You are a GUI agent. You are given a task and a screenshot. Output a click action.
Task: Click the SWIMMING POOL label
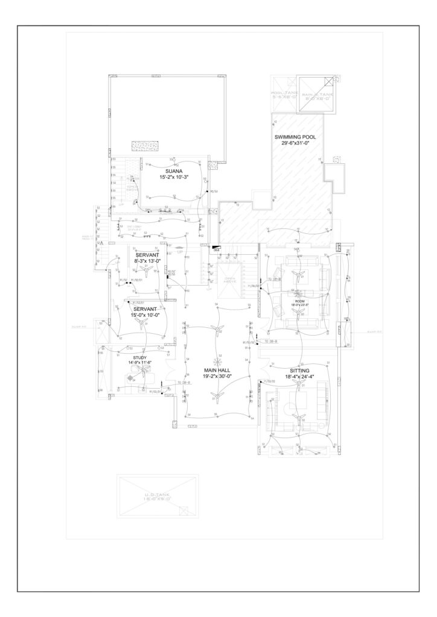[295, 137]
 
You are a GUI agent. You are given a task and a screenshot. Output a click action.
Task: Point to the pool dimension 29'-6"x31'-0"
[295, 144]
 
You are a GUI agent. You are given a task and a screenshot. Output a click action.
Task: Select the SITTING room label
[299, 370]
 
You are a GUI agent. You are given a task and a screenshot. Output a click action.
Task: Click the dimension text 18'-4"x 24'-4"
[299, 377]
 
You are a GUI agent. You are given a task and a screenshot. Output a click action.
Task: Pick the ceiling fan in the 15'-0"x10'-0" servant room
[141, 323]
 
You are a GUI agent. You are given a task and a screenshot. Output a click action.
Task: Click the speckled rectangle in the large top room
[145, 147]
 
